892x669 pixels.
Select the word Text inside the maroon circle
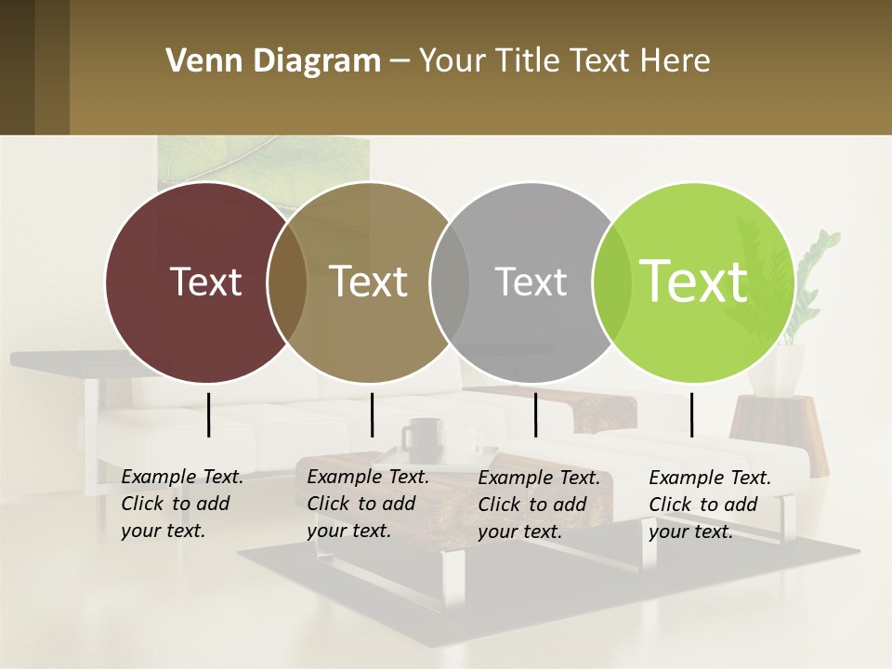(x=205, y=281)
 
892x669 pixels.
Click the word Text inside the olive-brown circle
(x=369, y=281)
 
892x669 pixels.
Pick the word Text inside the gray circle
(x=531, y=282)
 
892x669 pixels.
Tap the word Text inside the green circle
(x=694, y=281)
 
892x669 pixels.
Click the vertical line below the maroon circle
(x=208, y=414)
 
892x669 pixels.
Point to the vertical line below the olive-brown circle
(x=372, y=414)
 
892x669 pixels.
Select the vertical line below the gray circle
(x=535, y=414)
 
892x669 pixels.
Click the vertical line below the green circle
(x=691, y=414)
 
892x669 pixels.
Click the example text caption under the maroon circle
(x=181, y=504)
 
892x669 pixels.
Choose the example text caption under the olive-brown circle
(x=367, y=504)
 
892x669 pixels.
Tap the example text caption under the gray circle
(x=538, y=505)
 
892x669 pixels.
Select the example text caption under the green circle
(x=709, y=505)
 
